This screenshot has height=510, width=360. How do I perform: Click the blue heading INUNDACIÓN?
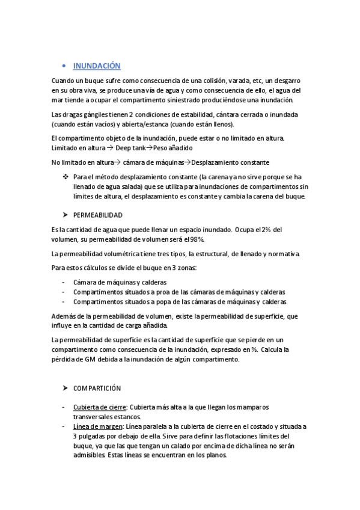pos(96,66)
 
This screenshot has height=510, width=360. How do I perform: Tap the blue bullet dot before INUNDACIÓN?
pos(64,66)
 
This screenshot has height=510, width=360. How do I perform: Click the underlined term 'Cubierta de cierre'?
pos(100,407)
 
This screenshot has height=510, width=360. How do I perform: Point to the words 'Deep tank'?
pos(132,148)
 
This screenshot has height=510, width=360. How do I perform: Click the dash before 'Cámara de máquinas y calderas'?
pos(64,282)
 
